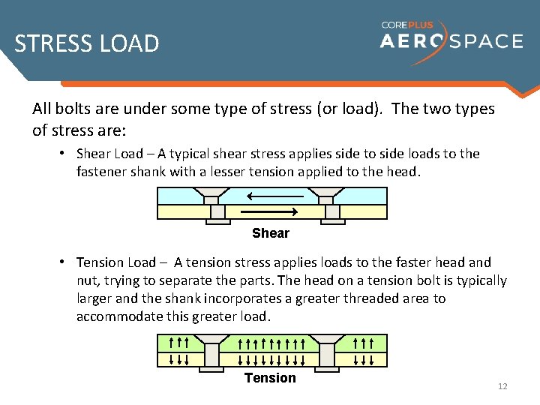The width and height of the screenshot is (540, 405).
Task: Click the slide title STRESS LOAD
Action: [x=87, y=43]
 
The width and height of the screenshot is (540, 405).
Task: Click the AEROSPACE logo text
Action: [x=451, y=40]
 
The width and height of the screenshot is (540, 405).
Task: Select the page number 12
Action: [x=502, y=386]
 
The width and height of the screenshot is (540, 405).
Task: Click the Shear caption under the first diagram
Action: [x=271, y=233]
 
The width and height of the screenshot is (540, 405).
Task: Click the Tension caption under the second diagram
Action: [x=270, y=378]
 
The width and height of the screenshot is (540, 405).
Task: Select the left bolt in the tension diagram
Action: [x=212, y=352]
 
